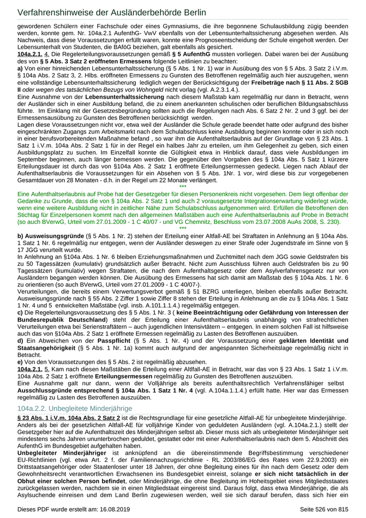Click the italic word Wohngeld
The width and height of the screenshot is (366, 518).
[130, 90]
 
